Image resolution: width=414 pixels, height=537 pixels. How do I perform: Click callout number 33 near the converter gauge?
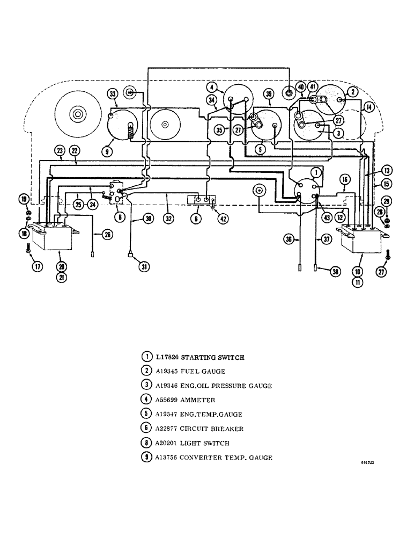click(112, 95)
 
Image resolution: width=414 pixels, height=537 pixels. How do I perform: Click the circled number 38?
click(336, 272)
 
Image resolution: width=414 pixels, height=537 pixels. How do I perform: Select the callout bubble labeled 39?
click(269, 95)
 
